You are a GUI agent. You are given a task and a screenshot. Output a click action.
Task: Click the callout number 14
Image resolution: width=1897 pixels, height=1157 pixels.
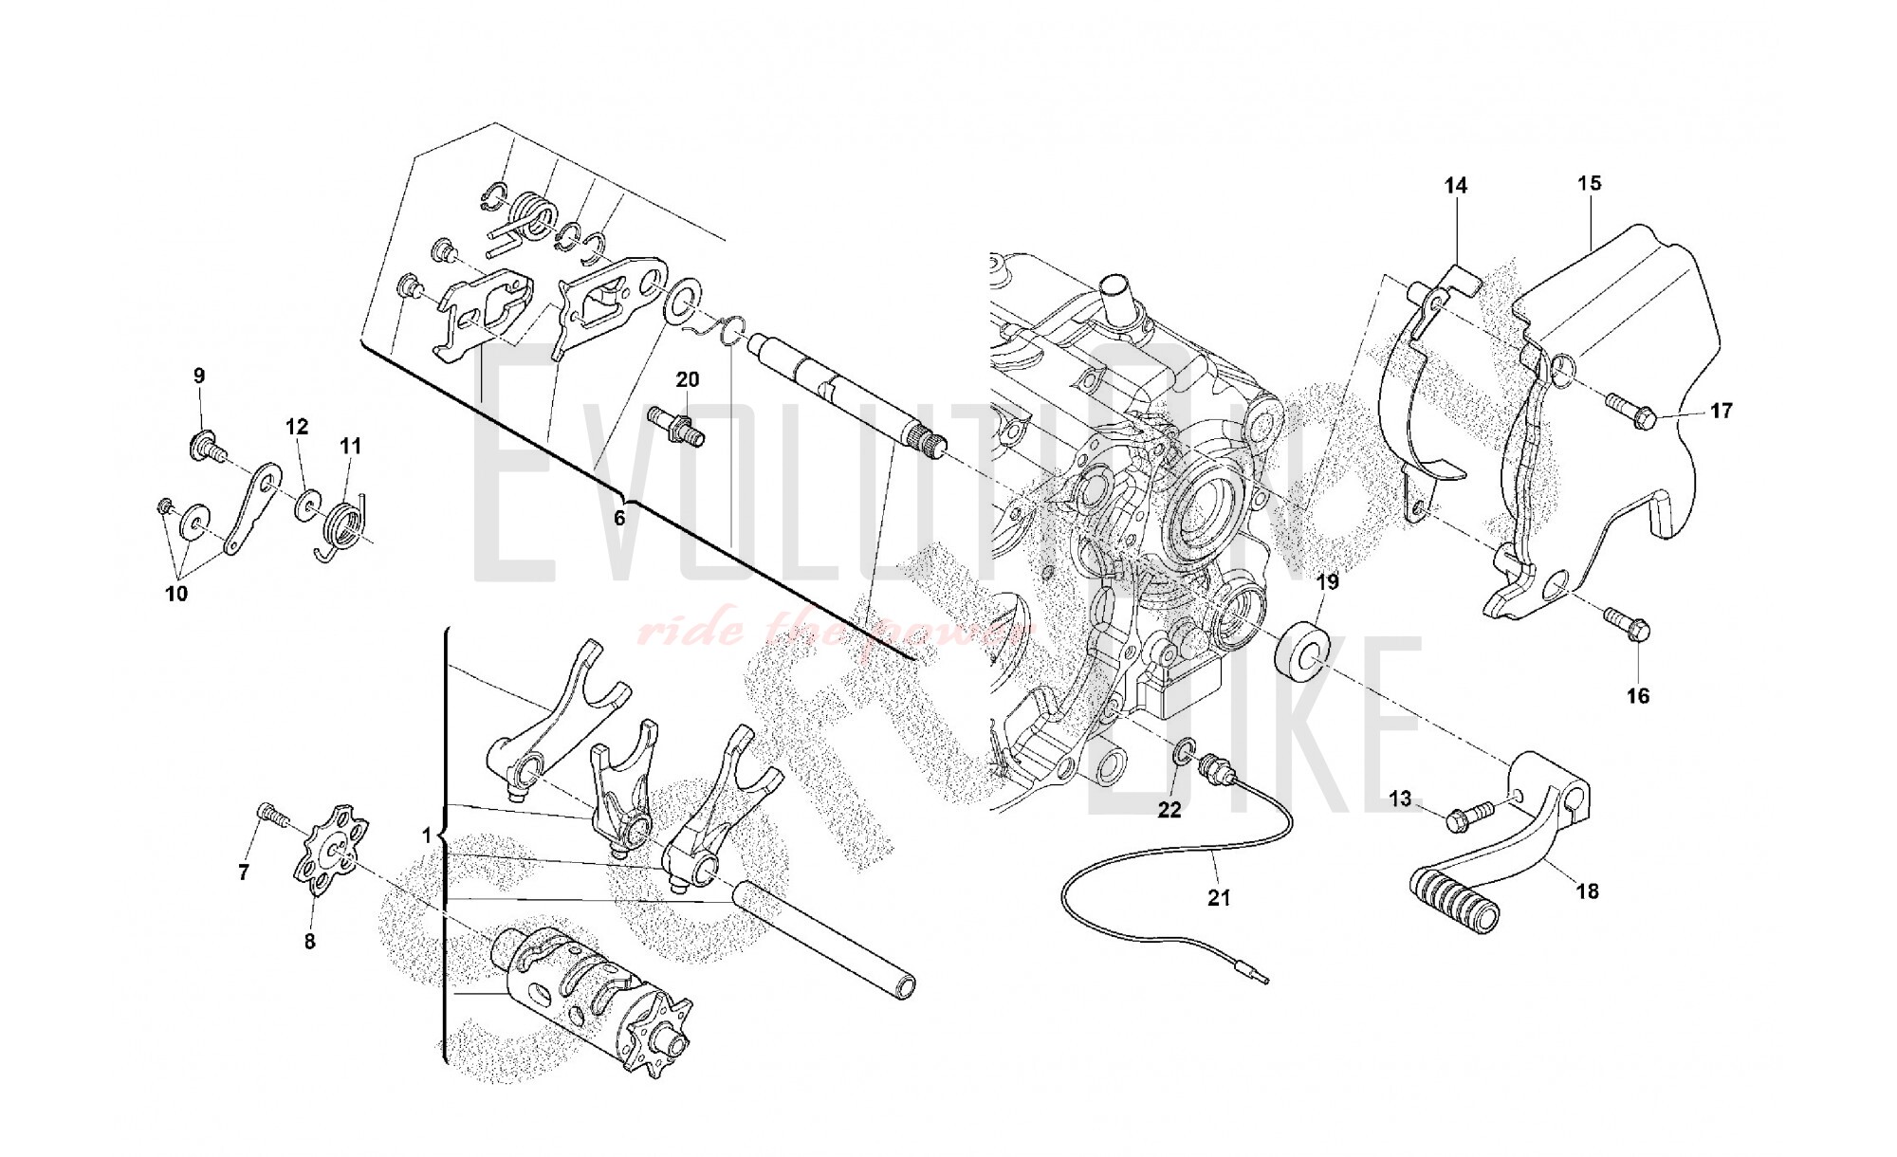tap(1456, 186)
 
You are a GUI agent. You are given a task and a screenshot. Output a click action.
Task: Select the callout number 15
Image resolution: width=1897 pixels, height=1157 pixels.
tap(1590, 183)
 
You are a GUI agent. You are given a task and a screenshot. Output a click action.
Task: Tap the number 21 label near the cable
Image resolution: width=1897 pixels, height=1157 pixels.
tap(1218, 897)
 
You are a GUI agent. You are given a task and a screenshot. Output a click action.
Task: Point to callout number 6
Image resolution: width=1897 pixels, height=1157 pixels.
tap(619, 518)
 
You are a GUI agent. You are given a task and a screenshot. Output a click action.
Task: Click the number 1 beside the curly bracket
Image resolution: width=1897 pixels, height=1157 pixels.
tap(427, 836)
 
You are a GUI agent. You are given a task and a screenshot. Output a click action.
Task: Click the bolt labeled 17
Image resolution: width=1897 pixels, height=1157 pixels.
tap(1630, 408)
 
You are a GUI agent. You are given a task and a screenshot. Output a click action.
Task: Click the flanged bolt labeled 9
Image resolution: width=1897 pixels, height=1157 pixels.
tap(206, 446)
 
